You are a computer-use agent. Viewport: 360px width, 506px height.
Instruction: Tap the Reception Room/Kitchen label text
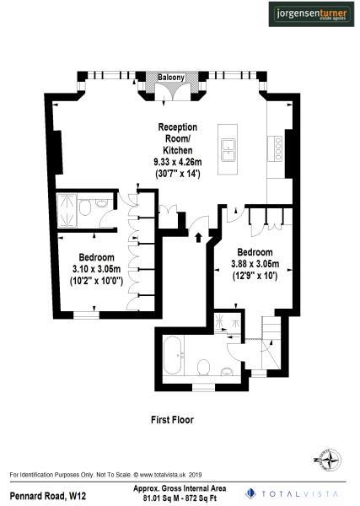[x=178, y=138]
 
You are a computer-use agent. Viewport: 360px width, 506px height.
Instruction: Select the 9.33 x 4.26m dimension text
[x=179, y=160]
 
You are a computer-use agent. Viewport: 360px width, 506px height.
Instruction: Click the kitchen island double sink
[x=228, y=150]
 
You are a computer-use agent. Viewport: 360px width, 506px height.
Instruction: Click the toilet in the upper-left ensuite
[x=101, y=203]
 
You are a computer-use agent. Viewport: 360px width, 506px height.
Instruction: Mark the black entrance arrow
[x=199, y=237]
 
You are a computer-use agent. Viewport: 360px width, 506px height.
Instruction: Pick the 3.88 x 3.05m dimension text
[x=254, y=264]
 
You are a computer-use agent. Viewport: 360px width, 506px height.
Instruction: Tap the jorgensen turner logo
[x=310, y=14]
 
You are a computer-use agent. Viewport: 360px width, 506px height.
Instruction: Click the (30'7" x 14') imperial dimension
[x=179, y=172]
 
